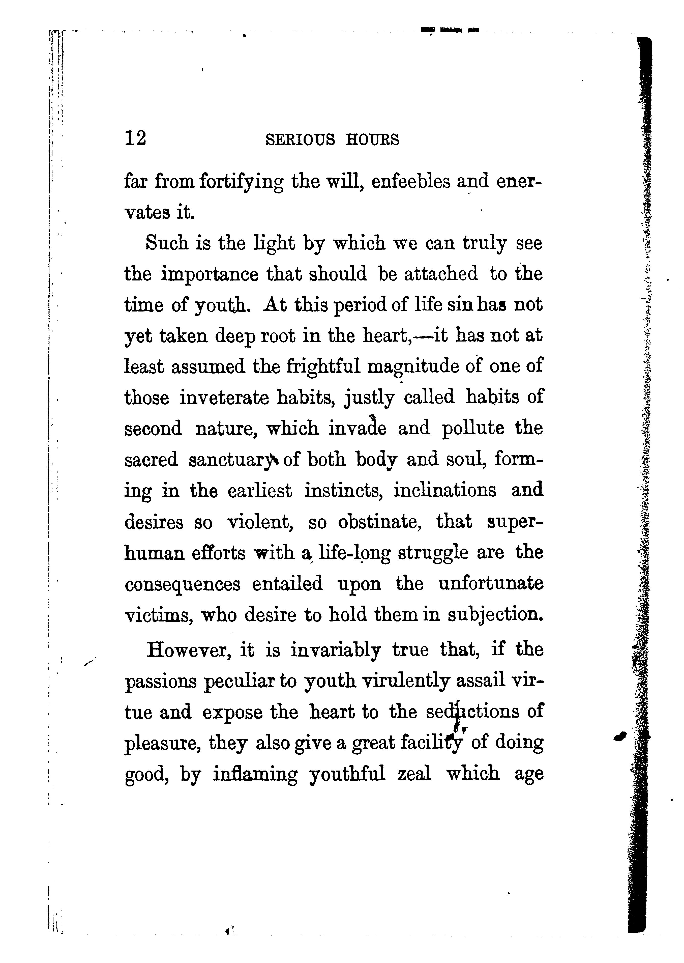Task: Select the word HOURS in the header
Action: click(372, 139)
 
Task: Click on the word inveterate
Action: click(224, 397)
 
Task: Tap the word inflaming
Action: click(255, 774)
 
